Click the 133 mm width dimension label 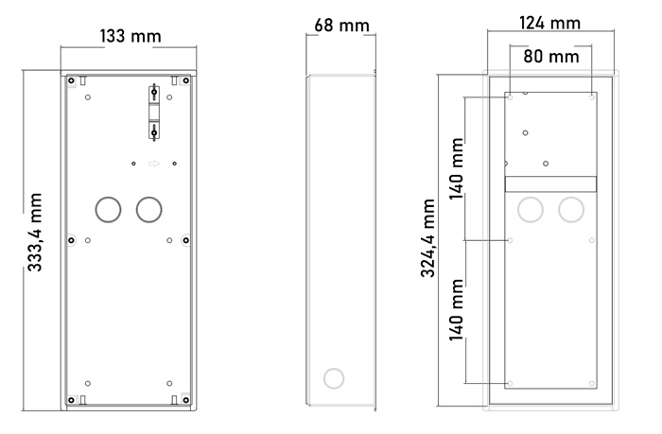point(131,36)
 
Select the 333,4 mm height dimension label point(35,233)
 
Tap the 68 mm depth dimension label point(342,26)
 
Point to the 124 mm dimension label point(549,23)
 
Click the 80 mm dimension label point(551,56)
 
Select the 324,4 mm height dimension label point(427,238)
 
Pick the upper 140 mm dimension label point(457,169)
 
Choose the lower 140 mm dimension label point(457,310)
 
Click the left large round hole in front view point(108,209)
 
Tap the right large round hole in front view point(149,209)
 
